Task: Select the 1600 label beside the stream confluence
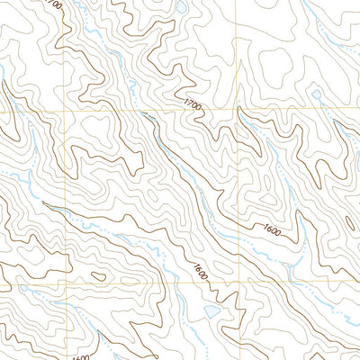[x=273, y=231]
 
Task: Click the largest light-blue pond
[x=210, y=311]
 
